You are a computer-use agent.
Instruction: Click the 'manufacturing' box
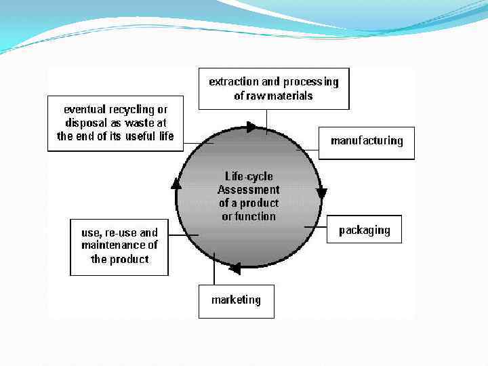[367, 141]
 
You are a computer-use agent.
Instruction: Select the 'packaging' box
[365, 230]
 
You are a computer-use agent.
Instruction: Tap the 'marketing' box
[236, 300]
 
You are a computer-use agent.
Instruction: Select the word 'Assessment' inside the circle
[248, 189]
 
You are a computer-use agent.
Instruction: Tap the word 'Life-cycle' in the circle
[249, 176]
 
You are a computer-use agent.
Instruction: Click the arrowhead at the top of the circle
[251, 127]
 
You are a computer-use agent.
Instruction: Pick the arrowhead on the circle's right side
[321, 193]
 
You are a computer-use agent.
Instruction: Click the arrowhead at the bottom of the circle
[235, 268]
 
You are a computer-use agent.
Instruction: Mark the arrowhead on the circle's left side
[176, 183]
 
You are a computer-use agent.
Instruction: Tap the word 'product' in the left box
[129, 259]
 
